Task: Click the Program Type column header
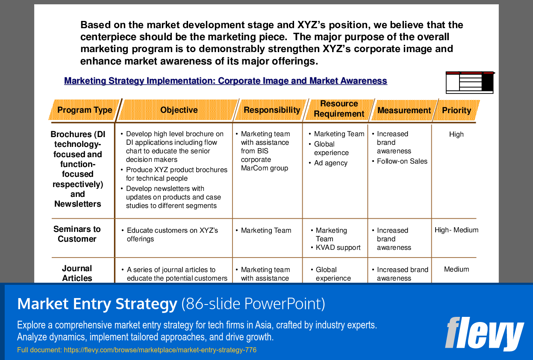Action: tap(85, 110)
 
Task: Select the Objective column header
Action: tap(179, 110)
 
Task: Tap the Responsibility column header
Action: tap(272, 110)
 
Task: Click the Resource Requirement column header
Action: tap(339, 108)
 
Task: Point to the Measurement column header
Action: tap(404, 110)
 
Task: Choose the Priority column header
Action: tap(456, 110)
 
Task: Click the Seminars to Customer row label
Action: tap(77, 234)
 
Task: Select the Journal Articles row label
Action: tap(77, 273)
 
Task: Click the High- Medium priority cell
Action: tap(456, 230)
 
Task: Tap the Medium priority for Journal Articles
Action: tap(456, 269)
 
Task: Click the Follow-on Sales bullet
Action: tap(400, 161)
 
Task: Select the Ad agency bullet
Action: tap(328, 163)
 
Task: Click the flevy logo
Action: tap(484, 334)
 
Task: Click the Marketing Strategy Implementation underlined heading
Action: tap(226, 81)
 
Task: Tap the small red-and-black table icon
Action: tap(470, 82)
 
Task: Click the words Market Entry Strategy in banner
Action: tap(97, 304)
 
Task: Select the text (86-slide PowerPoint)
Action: tap(253, 304)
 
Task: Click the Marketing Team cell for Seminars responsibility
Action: tap(264, 231)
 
